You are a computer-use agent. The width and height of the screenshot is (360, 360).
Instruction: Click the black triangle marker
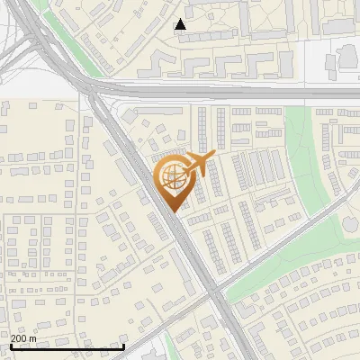(181, 24)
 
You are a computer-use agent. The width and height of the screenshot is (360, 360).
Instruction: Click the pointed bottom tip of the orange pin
(174, 211)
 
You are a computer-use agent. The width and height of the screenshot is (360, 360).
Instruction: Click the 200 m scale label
(23, 338)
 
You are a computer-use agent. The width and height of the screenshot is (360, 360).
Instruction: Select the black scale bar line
(67, 346)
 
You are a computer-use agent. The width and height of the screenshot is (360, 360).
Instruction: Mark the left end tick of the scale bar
(10, 345)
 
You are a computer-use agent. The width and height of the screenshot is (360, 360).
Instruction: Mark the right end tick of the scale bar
(123, 345)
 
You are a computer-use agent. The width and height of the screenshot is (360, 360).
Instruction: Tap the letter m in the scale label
(32, 338)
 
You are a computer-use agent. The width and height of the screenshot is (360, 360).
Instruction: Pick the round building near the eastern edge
(348, 56)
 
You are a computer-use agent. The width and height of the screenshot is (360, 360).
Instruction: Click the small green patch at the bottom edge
(170, 349)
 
